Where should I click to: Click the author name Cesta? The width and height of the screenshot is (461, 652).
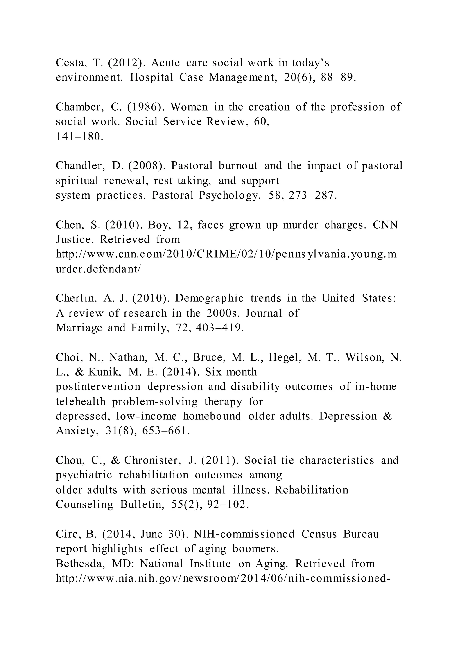point(71,63)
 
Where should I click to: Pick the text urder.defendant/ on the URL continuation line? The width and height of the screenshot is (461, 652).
point(98,269)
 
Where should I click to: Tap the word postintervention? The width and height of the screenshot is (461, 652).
point(98,387)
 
